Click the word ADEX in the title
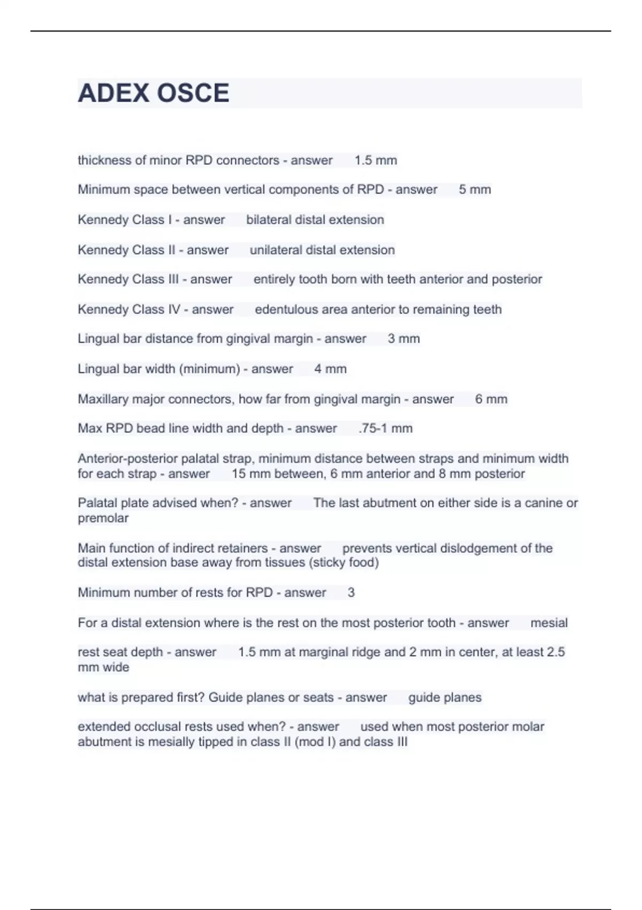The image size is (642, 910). (x=113, y=93)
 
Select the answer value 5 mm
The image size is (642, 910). (x=475, y=189)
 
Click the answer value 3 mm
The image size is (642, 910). (x=403, y=339)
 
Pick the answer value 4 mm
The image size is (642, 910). (x=330, y=369)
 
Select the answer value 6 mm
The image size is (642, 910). (x=491, y=399)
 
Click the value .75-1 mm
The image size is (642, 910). (x=385, y=428)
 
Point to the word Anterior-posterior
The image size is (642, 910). (x=127, y=459)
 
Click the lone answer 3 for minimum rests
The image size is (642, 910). (x=351, y=593)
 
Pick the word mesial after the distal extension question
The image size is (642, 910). (x=549, y=623)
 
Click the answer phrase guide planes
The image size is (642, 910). (x=445, y=697)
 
